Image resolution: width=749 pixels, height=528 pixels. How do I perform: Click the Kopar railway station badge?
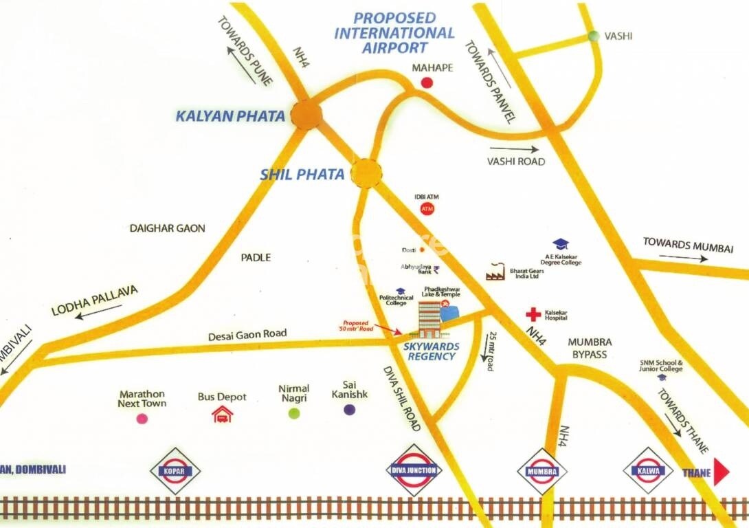pyautogui.click(x=175, y=471)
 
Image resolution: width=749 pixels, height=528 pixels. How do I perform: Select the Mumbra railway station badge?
pyautogui.click(x=542, y=472)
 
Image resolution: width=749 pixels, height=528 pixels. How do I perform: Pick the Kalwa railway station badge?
pyautogui.click(x=647, y=472)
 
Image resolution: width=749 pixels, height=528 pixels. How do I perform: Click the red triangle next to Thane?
pyautogui.click(x=721, y=472)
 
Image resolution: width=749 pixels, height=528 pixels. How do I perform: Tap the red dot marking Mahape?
pyautogui.click(x=427, y=83)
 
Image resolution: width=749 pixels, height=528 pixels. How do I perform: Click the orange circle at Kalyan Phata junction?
pyautogui.click(x=306, y=114)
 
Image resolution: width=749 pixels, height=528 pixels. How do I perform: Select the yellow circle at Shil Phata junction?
pyautogui.click(x=367, y=173)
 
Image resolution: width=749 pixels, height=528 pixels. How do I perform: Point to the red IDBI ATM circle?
pyautogui.click(x=427, y=208)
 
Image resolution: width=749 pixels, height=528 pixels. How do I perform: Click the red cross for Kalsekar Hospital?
pyautogui.click(x=533, y=315)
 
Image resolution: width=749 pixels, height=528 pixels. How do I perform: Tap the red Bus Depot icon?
pyautogui.click(x=222, y=414)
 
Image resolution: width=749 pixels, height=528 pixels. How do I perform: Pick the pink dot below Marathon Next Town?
pyautogui.click(x=142, y=418)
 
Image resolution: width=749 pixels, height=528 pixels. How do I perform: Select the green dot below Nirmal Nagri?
pyautogui.click(x=294, y=413)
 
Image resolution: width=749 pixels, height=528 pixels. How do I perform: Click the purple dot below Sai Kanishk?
pyautogui.click(x=350, y=410)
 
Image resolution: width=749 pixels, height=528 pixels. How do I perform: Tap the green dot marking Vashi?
pyautogui.click(x=594, y=36)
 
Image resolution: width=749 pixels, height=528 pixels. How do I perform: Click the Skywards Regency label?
pyautogui.click(x=431, y=351)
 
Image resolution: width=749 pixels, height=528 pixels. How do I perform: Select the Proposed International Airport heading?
pyautogui.click(x=394, y=32)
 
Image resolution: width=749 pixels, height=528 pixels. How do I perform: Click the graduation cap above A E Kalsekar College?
pyautogui.click(x=561, y=244)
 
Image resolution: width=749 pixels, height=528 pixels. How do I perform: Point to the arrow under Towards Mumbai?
pyautogui.click(x=684, y=258)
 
